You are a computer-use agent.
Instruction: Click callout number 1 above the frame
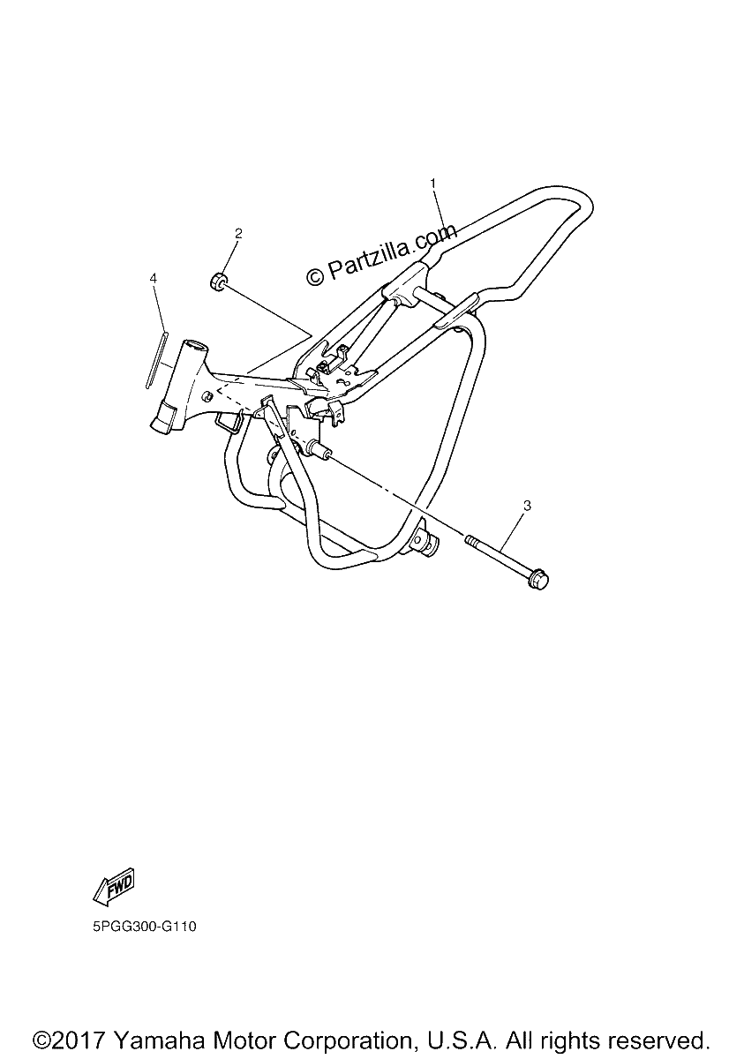click(432, 183)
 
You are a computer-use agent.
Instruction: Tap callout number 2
click(238, 233)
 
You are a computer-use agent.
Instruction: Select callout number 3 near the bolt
click(528, 506)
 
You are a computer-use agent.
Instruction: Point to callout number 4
click(153, 278)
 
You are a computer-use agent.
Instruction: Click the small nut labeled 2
click(218, 282)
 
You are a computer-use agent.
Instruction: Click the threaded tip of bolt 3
click(470, 539)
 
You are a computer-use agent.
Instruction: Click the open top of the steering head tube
click(196, 346)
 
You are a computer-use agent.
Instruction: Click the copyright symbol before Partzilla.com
click(315, 275)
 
